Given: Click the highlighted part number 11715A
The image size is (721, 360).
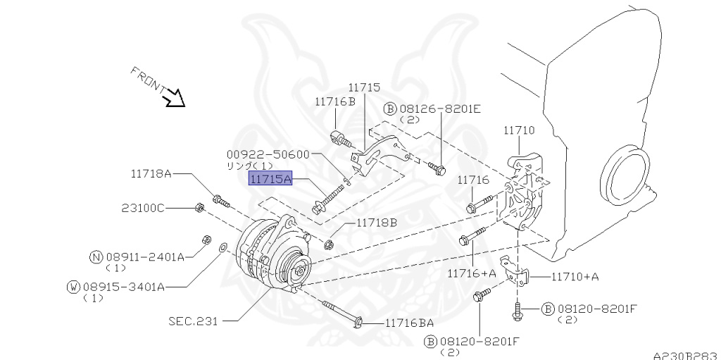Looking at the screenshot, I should (270, 180).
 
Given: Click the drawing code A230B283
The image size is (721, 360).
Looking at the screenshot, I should (684, 355).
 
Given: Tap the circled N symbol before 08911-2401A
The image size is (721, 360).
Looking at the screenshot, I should (96, 257).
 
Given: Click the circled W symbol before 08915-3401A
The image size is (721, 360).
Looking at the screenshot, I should (73, 286).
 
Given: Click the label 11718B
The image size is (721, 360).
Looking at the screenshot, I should (376, 223).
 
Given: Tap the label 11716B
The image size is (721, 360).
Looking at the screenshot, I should (335, 101).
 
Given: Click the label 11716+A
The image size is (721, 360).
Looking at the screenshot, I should (471, 273).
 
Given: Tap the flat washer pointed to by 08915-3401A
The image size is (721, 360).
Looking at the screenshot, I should (222, 248).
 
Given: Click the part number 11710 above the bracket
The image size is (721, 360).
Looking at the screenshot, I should (519, 130).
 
